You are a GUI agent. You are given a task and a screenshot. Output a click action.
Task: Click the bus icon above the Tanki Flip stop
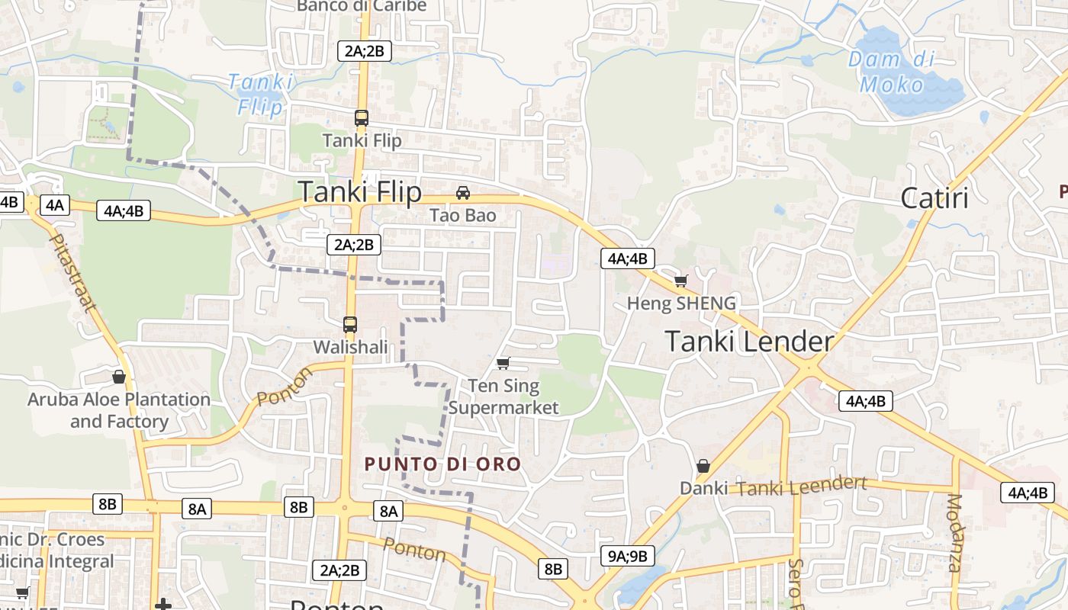pyautogui.click(x=362, y=118)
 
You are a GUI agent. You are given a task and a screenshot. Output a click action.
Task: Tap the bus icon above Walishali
pyautogui.click(x=350, y=324)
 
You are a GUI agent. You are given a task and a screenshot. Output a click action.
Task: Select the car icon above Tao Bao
pyautogui.click(x=463, y=192)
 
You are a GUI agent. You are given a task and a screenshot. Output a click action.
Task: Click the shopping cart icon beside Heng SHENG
pyautogui.click(x=680, y=281)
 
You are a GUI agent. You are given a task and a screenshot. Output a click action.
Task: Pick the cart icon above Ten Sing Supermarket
pyautogui.click(x=503, y=363)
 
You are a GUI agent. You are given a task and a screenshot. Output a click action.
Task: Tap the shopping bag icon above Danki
pyautogui.click(x=703, y=465)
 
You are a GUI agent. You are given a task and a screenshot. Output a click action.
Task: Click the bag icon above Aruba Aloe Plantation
pyautogui.click(x=119, y=376)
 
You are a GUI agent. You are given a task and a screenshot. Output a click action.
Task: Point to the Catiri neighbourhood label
pyautogui.click(x=934, y=198)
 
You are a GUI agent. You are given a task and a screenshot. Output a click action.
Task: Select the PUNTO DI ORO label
pyautogui.click(x=442, y=464)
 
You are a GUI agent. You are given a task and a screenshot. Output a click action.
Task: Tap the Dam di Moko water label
pyautogui.click(x=892, y=72)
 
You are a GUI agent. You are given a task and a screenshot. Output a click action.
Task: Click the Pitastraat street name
pyautogui.click(x=73, y=273)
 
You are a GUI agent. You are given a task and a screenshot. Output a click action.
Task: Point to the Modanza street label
pyautogui.click(x=954, y=533)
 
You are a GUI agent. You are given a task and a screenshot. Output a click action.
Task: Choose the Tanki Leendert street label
pyautogui.click(x=802, y=486)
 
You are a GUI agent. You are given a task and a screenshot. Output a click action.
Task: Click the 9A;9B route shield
pyautogui.click(x=628, y=556)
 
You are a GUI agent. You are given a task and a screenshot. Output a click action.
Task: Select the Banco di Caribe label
pyautogui.click(x=362, y=6)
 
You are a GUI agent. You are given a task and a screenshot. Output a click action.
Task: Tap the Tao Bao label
pyautogui.click(x=463, y=215)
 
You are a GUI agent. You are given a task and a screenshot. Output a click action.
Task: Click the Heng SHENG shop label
pyautogui.click(x=681, y=303)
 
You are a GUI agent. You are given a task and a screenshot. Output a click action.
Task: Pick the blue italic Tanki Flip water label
pyautogui.click(x=261, y=94)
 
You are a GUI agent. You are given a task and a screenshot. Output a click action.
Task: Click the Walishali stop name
pyautogui.click(x=351, y=347)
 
